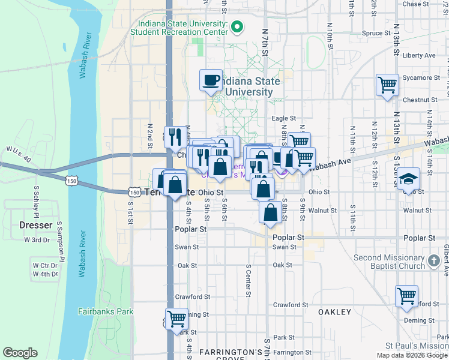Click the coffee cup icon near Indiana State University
click(x=211, y=81)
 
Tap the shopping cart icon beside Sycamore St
click(x=387, y=84)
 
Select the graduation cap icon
click(x=408, y=179)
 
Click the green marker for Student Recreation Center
click(x=237, y=26)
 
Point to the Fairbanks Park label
click(x=106, y=311)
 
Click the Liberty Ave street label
click(x=419, y=55)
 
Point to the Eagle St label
click(x=284, y=119)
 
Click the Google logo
click(x=20, y=353)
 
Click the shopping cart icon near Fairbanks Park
click(x=176, y=318)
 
